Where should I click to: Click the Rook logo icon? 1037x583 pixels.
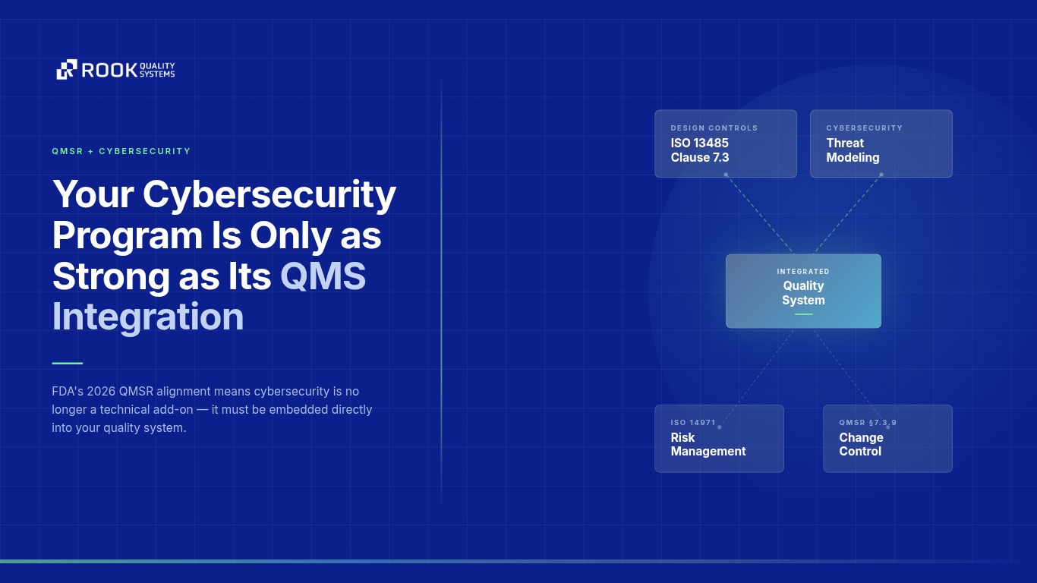[67, 70]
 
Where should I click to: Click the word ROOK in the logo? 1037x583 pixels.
[109, 71]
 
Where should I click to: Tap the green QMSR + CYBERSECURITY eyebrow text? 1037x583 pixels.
[121, 151]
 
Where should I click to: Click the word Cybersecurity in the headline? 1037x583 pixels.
[269, 194]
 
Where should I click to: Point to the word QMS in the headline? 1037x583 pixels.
[323, 276]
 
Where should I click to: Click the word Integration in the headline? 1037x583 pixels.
[148, 317]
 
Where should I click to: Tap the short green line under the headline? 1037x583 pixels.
[67, 363]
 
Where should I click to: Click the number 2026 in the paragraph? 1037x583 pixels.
[102, 392]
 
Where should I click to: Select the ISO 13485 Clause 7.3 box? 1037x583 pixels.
[725, 143]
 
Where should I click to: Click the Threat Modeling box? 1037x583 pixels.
[881, 143]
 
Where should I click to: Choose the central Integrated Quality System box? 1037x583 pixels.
[803, 291]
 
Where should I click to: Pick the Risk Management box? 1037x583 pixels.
[719, 438]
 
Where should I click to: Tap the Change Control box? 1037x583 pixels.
[887, 438]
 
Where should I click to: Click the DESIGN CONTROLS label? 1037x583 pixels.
[714, 128]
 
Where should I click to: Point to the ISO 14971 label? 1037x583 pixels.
[693, 423]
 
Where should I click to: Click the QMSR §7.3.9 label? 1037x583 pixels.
[868, 423]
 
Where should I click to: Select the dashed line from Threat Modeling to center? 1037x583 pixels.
[846, 215]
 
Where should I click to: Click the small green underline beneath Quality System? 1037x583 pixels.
[803, 314]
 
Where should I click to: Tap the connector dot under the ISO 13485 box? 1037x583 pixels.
[726, 175]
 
